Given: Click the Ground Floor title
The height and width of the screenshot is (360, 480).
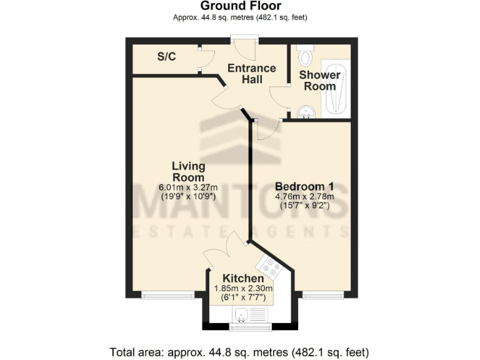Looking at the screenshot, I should pyautogui.click(x=240, y=6).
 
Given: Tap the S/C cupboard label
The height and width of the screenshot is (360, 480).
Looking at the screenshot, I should pyautogui.click(x=166, y=57).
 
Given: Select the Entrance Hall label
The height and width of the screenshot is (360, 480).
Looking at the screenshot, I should pyautogui.click(x=251, y=74).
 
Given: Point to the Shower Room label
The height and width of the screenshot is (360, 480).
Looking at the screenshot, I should pyautogui.click(x=319, y=81).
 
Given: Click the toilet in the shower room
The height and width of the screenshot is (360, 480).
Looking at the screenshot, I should pyautogui.click(x=306, y=56).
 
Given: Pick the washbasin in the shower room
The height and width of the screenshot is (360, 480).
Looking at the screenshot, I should pyautogui.click(x=306, y=112).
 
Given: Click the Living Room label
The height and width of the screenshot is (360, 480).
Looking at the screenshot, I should pyautogui.click(x=189, y=171).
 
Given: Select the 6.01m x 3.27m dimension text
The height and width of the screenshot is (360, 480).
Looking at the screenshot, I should pyautogui.click(x=189, y=187).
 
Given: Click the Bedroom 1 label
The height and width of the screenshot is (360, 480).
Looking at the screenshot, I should pyautogui.click(x=304, y=186).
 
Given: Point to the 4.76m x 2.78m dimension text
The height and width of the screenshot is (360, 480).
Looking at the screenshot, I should pyautogui.click(x=304, y=196).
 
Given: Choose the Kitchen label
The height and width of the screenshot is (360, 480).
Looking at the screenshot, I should pyautogui.click(x=243, y=278).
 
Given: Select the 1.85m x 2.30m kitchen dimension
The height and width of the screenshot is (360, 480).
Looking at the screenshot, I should pyautogui.click(x=243, y=289).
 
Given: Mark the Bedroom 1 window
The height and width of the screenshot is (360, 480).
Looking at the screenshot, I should pyautogui.click(x=322, y=294).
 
